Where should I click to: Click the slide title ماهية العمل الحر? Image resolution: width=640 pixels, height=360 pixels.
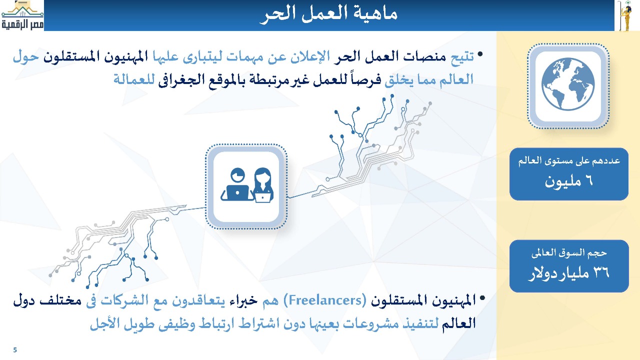pos(328,14)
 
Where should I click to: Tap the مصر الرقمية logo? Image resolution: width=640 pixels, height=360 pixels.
pos(22,15)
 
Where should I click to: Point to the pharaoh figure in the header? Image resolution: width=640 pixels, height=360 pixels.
pos(625,15)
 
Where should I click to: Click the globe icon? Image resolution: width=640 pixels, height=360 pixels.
pos(568,84)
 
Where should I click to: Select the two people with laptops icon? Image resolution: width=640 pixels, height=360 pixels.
pos(247,185)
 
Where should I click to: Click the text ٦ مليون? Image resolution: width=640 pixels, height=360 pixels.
pos(568,181)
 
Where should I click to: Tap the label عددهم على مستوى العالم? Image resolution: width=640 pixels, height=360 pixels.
pos(569,161)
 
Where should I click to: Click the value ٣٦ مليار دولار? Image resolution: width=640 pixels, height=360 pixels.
pos(569,273)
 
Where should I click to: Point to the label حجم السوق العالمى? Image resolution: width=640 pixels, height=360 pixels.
pos(569,253)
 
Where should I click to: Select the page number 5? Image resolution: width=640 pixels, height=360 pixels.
pos(15,350)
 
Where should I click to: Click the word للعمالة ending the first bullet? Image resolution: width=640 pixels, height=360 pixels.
pos(134,79)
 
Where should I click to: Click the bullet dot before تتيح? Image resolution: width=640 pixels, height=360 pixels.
pos(480,54)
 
